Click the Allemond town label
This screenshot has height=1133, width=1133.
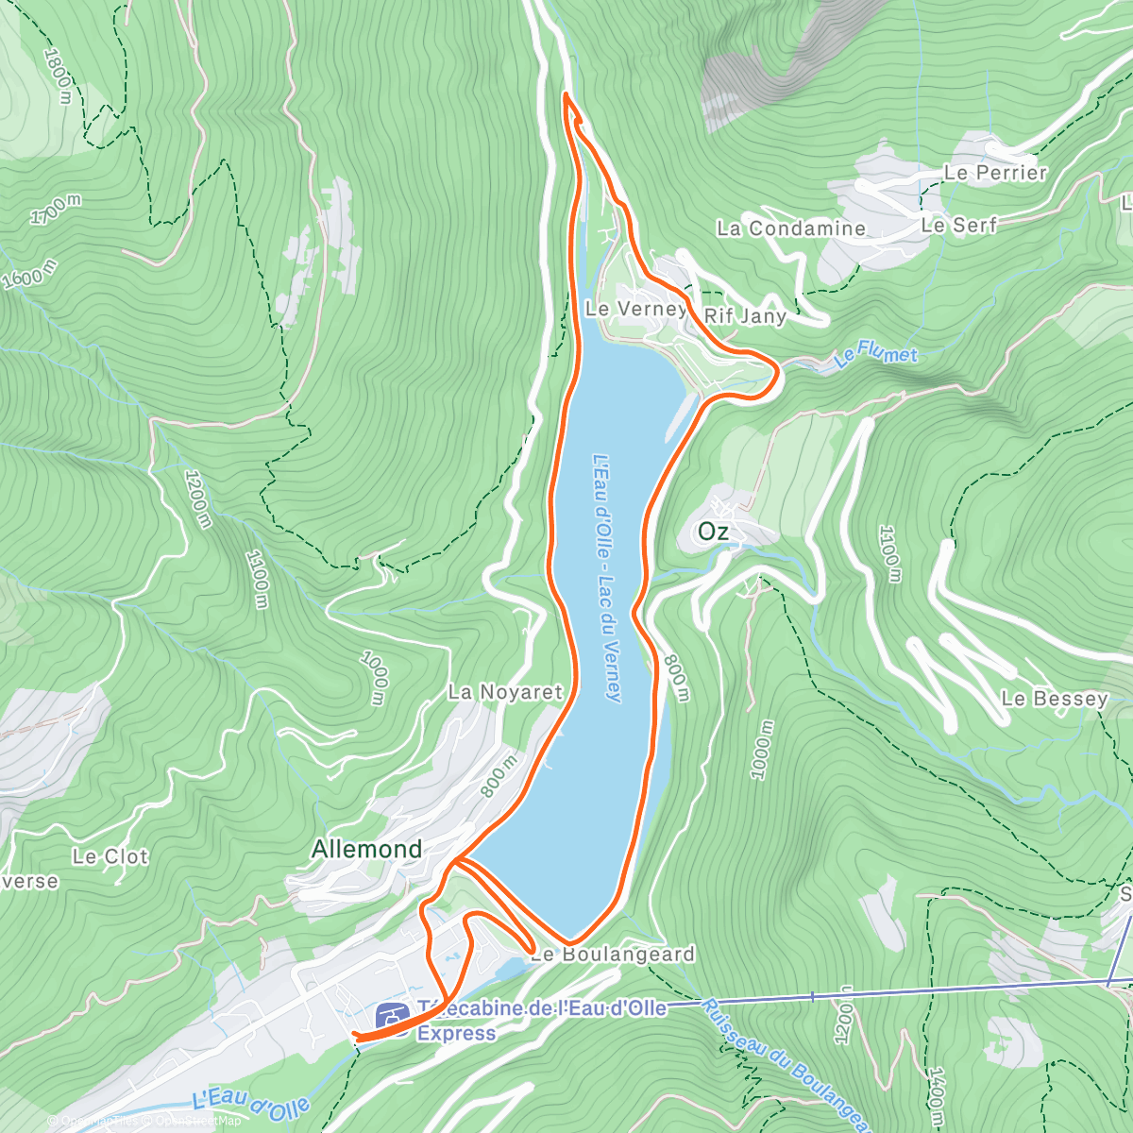coord(366,850)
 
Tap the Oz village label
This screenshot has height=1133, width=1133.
coord(713,533)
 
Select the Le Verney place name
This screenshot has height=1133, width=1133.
coord(634,309)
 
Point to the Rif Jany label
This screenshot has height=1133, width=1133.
coord(745,316)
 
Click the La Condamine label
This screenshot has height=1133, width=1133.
coord(790,228)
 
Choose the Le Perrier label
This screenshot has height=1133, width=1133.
coord(995,173)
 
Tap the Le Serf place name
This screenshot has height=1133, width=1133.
coord(958,226)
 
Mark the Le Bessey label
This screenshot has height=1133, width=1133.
coord(1054,699)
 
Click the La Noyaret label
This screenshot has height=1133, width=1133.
coord(505,692)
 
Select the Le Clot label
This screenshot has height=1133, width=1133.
coord(110,857)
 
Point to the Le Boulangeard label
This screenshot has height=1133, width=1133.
coord(613,955)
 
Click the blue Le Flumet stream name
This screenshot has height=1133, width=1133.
coord(875,357)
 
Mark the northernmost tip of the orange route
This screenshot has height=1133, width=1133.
coord(566,94)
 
